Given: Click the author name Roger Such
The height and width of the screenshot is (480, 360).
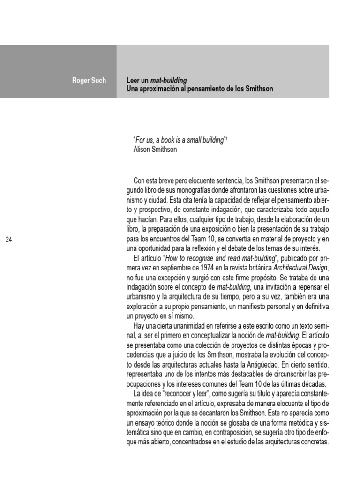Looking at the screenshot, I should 89,81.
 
